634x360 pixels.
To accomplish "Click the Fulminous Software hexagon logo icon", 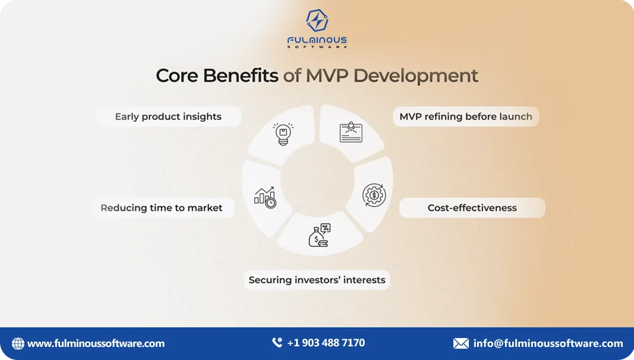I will [x=317, y=20].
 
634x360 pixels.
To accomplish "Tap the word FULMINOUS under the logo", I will [x=317, y=40].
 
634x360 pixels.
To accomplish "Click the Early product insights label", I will [x=168, y=116].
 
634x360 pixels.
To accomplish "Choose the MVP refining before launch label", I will [x=466, y=116].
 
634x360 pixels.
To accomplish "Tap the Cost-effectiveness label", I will [x=472, y=208].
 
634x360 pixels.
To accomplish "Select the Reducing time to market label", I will [x=162, y=208].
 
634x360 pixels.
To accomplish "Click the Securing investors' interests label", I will [x=317, y=280].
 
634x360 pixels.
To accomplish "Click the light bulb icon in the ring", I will [x=283, y=134].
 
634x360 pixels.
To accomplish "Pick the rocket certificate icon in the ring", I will [x=351, y=132].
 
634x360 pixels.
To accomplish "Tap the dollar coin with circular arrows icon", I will [x=374, y=195].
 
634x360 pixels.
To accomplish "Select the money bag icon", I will [x=318, y=235].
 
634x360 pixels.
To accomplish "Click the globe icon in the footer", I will [x=18, y=343].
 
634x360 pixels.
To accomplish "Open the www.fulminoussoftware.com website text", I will [x=96, y=343].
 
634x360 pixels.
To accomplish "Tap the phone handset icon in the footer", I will [x=277, y=343].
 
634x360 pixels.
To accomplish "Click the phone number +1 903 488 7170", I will [x=326, y=343].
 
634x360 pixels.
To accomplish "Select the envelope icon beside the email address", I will [x=460, y=343].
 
